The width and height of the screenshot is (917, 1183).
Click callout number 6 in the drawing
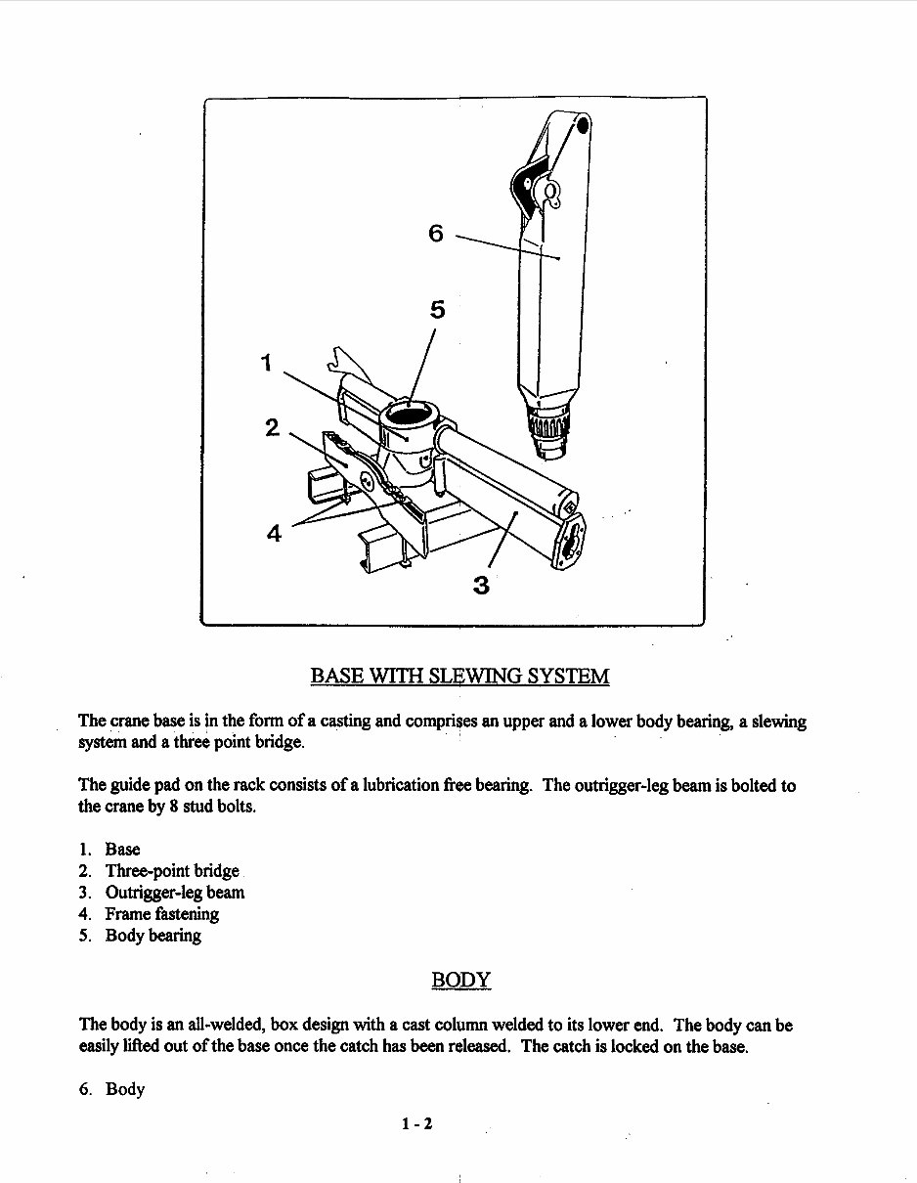coord(436,233)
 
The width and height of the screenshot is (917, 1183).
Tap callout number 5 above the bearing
coord(437,310)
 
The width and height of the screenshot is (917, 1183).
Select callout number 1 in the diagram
coord(266,364)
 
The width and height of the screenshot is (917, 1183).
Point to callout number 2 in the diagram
coord(273,427)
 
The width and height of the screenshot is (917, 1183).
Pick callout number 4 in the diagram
coord(275,533)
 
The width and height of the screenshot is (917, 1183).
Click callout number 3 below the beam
coord(480,586)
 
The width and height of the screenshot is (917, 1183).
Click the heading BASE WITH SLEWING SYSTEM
coord(459,676)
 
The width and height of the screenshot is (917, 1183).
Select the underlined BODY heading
coord(460,980)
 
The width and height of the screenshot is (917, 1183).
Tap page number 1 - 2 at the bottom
coord(416,1123)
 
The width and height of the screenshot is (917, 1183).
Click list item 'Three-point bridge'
coord(172,871)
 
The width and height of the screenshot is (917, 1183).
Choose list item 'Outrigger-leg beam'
coord(175,893)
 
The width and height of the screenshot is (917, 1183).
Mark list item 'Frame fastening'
coord(162,914)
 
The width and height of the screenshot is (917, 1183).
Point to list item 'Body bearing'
coord(153,936)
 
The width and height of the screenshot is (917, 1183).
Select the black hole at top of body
coord(584,125)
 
